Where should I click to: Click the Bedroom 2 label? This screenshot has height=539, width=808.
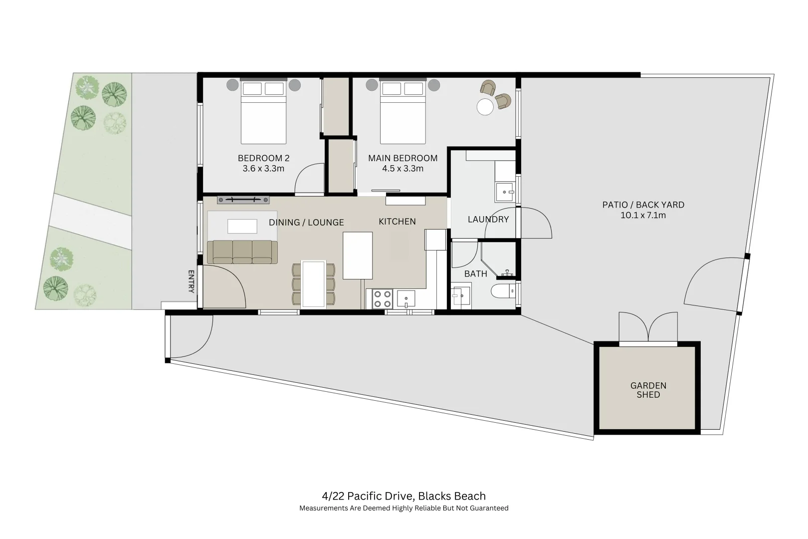point(263,158)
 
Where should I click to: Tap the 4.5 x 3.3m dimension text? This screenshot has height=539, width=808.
point(403,169)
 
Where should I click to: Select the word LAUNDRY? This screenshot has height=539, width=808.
point(488,219)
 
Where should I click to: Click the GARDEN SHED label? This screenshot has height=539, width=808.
point(648,390)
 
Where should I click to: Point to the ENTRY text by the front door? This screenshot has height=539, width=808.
point(191,281)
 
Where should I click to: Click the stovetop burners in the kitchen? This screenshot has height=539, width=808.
point(382,299)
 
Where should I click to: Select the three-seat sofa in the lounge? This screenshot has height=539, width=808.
point(242,252)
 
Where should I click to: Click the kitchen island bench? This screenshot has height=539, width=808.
point(358,255)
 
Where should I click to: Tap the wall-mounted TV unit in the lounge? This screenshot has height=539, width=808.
point(243,200)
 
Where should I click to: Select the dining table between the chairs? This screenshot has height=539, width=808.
point(314,283)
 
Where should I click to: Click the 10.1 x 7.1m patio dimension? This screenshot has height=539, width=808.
point(643,216)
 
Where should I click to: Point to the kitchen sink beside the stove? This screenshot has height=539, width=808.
point(406,299)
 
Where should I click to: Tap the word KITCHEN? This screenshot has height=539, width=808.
point(397,222)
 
